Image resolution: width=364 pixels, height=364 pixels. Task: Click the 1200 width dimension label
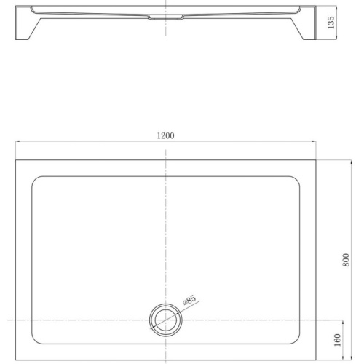tap(165, 135)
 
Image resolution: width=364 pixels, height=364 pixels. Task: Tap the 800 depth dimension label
tap(346, 260)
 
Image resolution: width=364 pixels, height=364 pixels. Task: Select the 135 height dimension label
tap(331, 23)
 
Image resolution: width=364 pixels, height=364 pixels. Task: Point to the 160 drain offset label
tap(338, 340)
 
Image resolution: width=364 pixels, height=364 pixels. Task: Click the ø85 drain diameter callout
tap(189, 300)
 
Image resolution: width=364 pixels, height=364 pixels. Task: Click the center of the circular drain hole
tap(166, 320)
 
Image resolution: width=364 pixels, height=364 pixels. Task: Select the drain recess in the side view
tap(166, 17)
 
